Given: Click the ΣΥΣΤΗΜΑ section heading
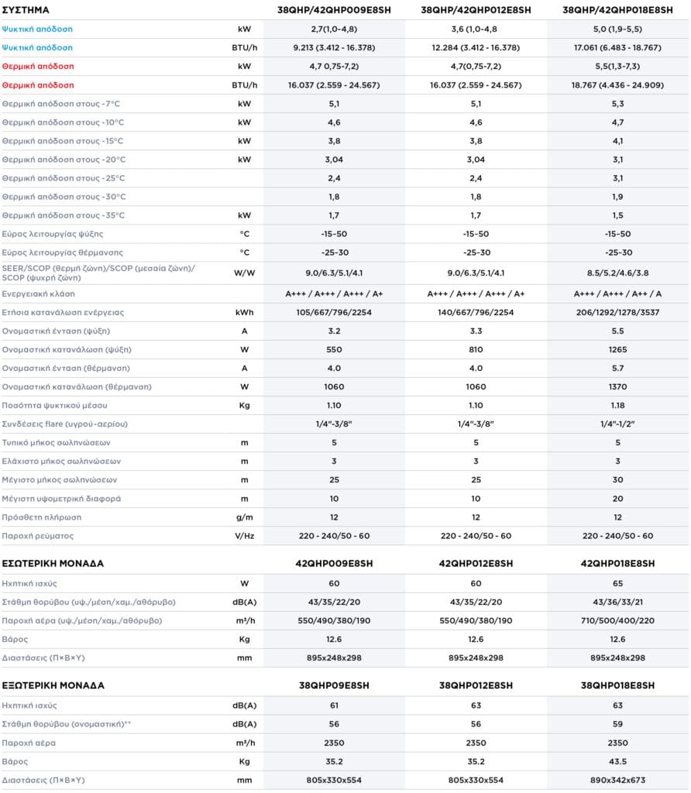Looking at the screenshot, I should tap(27, 10).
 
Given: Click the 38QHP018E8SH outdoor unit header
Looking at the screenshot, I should tap(617, 685).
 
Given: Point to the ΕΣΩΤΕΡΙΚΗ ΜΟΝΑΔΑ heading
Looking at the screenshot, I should tap(53, 563).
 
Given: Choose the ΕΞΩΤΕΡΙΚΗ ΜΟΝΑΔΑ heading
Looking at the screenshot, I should tap(53, 685).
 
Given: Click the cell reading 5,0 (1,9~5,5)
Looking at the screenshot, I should tap(617, 29).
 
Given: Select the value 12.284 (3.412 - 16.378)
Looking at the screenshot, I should tap(475, 48).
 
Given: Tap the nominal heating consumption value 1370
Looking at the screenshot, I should tap(617, 386).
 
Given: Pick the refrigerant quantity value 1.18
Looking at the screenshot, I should tap(617, 405).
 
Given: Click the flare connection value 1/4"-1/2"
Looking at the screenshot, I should tap(617, 424).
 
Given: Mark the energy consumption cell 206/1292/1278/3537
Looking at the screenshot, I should tap(617, 313).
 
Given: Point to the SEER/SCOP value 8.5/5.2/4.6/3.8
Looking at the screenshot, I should tap(617, 273).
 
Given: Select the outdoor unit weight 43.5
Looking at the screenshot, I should tap(617, 761).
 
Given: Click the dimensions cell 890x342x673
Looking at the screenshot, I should tap(617, 780).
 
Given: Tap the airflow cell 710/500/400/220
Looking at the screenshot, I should tap(617, 620).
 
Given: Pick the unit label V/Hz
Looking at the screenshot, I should tap(244, 536).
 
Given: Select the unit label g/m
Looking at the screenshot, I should tap(244, 517).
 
